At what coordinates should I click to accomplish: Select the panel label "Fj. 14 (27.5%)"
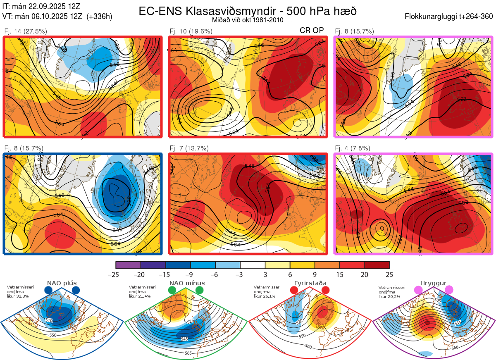click(25, 31)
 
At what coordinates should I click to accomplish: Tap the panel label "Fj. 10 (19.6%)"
click(191, 31)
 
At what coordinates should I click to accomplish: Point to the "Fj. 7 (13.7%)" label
click(189, 148)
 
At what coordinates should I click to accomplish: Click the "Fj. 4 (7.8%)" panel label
click(352, 148)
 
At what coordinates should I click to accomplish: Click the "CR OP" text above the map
click(312, 30)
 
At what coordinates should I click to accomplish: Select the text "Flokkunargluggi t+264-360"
click(450, 17)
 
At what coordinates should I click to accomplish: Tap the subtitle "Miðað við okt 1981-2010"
click(247, 20)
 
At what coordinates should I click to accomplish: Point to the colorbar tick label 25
click(389, 274)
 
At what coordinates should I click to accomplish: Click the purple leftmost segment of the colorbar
click(129, 265)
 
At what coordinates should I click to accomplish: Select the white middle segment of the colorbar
click(253, 265)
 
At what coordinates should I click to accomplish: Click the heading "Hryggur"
click(433, 283)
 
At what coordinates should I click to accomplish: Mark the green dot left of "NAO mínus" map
click(172, 291)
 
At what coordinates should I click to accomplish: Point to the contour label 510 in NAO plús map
click(49, 320)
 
